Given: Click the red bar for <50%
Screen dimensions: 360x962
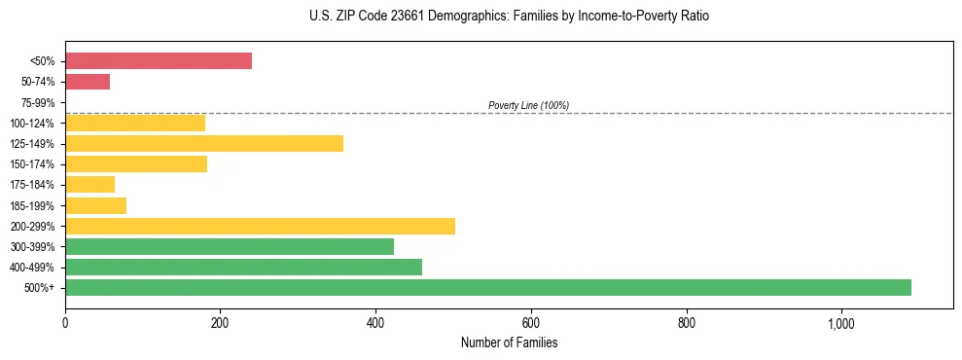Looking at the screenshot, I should pos(159,61).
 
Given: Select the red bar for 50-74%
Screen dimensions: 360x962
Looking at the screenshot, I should pos(88,82).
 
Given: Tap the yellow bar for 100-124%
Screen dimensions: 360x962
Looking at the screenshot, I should pos(135,123).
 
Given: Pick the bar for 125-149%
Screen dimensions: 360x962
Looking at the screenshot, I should pos(204,144).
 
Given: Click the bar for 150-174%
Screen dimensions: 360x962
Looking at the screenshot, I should pos(136,164).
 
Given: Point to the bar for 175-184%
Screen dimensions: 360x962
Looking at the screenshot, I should pos(89,185).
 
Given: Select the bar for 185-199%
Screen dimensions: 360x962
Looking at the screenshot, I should pos(95,205).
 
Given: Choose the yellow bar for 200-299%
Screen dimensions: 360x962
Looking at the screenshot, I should pos(260,226).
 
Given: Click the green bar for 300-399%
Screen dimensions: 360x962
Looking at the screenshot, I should pos(230,246).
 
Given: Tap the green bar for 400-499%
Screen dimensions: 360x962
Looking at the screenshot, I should pos(243,267).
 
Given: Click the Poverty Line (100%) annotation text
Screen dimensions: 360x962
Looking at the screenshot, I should pos(528,105).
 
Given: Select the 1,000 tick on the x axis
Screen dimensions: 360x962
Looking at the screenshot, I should pos(841,323).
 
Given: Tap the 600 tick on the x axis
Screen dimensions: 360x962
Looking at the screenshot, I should pos(531,323).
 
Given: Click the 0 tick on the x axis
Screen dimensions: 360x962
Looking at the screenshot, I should pos(65,323).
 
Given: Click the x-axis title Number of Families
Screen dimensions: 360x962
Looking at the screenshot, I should pos(509,342).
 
